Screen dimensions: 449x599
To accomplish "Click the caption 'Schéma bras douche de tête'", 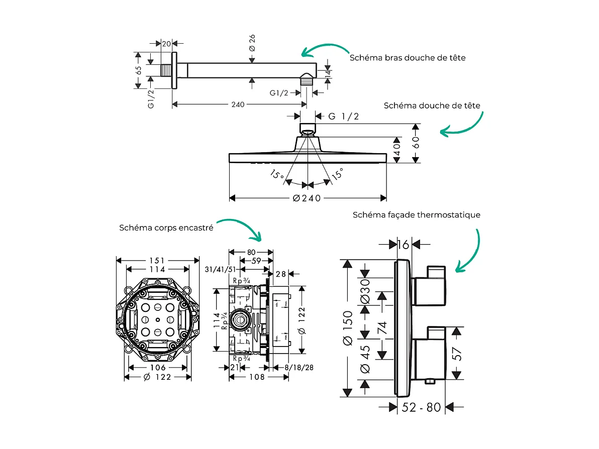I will click(x=407, y=58).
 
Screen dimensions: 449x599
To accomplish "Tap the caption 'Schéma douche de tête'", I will click(x=432, y=105).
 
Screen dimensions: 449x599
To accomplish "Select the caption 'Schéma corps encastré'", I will click(x=166, y=228).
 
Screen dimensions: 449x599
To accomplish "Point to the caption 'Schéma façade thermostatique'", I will click(x=416, y=215).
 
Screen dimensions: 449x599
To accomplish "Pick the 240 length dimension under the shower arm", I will click(x=238, y=104).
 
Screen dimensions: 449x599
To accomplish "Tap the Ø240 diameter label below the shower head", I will click(x=307, y=198).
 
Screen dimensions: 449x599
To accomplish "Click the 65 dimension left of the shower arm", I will click(x=139, y=71).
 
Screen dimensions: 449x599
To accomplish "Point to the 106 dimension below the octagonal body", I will click(x=158, y=367).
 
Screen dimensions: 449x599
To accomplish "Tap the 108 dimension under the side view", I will click(x=256, y=377).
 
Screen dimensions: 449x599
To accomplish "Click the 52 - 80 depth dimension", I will click(x=421, y=407).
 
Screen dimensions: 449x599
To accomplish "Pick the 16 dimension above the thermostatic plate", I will click(x=403, y=245).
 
